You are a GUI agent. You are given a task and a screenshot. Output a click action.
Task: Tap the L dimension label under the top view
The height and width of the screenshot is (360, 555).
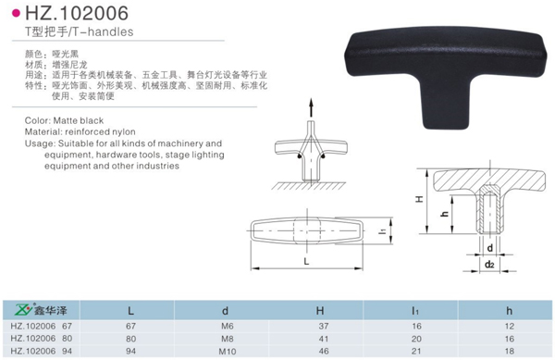point(306,262)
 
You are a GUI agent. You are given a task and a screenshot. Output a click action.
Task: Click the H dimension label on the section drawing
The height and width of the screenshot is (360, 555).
point(418,199)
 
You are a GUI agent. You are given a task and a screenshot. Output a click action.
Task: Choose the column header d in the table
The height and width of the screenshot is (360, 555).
point(225,311)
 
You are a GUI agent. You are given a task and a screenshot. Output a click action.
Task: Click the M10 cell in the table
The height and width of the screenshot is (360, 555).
point(225,351)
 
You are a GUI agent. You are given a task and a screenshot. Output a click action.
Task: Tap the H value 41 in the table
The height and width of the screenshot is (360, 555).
point(320,339)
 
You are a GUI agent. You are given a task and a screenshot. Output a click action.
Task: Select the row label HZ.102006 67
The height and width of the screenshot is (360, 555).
point(41,326)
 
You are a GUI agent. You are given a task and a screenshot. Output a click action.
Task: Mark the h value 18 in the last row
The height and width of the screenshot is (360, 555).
point(509,351)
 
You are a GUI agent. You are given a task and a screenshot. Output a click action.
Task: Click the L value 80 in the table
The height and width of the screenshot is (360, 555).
point(130,339)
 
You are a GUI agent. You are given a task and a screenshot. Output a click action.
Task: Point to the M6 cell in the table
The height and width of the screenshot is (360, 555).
point(225,326)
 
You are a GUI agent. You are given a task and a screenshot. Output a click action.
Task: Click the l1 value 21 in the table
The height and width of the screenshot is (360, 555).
point(414,351)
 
